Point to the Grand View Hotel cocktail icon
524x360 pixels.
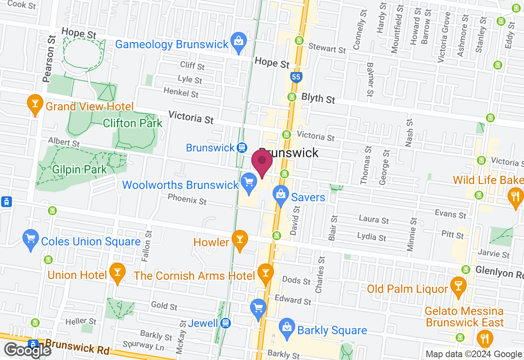point(35,103)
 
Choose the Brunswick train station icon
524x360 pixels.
point(242,147)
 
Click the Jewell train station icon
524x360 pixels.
point(225,323)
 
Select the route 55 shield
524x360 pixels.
point(296,77)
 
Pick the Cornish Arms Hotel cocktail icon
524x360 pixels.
point(265,273)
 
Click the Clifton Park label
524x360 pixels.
point(133,123)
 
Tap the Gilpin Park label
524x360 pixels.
point(79,169)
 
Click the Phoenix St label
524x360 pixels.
point(187,200)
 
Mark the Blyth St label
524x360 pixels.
point(318,99)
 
